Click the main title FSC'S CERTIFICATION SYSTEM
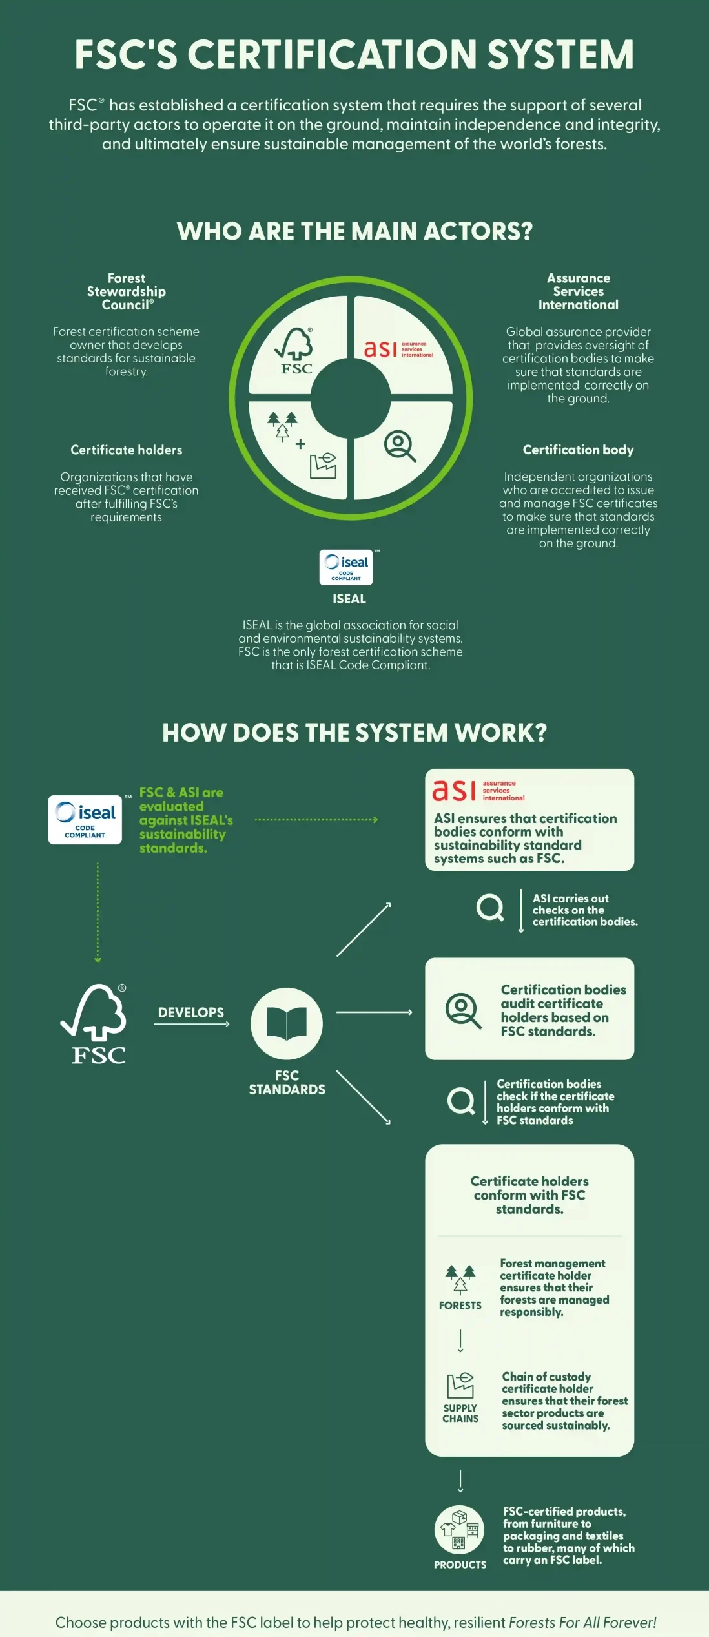coord(354,54)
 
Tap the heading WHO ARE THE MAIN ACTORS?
coord(354,231)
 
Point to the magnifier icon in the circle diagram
coord(400,446)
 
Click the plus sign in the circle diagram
coord(300,444)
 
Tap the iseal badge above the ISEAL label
coord(346,567)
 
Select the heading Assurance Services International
coord(579,291)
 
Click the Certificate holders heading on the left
coord(127,450)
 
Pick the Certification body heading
coord(579,450)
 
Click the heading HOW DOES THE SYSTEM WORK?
coord(354,733)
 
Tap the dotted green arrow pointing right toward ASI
coord(316,820)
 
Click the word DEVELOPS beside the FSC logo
coord(191,1012)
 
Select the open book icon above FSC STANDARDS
coord(287,1023)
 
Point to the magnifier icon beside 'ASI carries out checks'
coord(490,908)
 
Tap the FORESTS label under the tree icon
coord(460,1306)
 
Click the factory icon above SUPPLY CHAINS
coord(460,1386)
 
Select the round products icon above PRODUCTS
coord(459,1530)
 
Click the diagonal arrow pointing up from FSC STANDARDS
coord(364,930)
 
